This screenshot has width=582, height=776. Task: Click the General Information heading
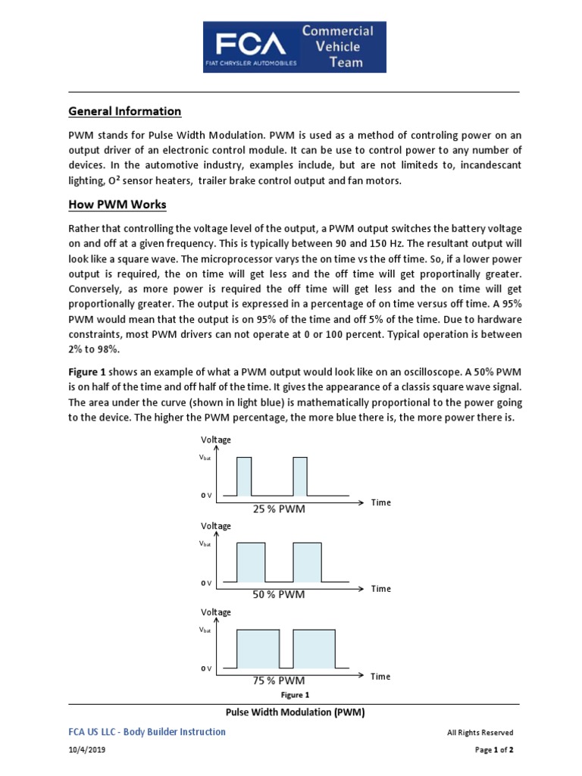(x=125, y=111)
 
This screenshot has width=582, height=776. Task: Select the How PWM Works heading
(x=117, y=205)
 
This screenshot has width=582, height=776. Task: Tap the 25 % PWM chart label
(x=279, y=509)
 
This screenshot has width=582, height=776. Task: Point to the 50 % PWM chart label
(x=279, y=595)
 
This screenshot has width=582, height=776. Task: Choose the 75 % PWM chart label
(x=279, y=681)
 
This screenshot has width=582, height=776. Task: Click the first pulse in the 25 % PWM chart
(x=244, y=477)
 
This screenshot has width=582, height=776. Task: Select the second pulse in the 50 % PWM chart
(x=307, y=562)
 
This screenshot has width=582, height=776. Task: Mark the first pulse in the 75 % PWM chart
(x=258, y=649)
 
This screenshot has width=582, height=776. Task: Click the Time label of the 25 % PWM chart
(x=381, y=502)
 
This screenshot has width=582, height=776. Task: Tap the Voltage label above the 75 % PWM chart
(x=216, y=612)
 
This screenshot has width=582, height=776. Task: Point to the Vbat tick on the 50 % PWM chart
(x=205, y=543)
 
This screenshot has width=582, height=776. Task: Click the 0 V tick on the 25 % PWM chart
(x=206, y=496)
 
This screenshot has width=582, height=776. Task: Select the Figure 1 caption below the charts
(x=295, y=695)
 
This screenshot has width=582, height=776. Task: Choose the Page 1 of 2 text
(x=494, y=749)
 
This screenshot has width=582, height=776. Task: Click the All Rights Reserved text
(x=480, y=733)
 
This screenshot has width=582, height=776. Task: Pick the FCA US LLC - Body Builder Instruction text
(x=147, y=732)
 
